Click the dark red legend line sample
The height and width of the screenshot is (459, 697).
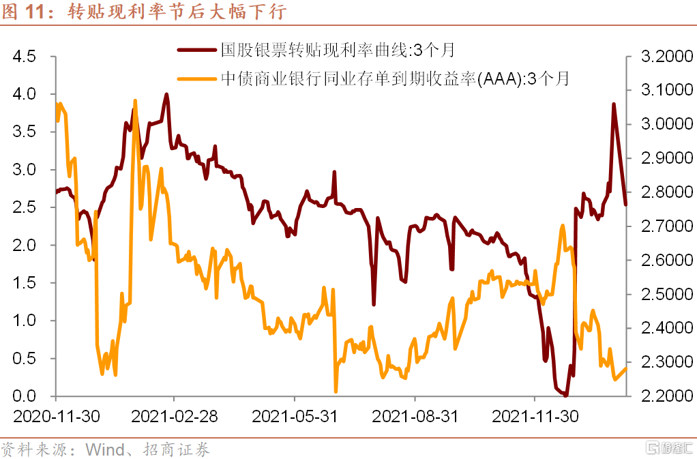coord(197,50)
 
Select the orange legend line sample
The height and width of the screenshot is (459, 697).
coord(197,78)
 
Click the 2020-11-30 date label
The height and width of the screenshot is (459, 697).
coord(56,416)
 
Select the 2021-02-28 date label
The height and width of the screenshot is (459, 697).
coord(175,416)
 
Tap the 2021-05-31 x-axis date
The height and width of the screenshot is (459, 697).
coord(295,416)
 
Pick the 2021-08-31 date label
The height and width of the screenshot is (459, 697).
coord(415,416)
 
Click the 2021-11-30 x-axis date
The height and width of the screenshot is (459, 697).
coord(535,416)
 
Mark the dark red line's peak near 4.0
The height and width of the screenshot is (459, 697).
coord(166,95)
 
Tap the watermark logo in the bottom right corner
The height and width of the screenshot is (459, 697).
coord(670,448)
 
